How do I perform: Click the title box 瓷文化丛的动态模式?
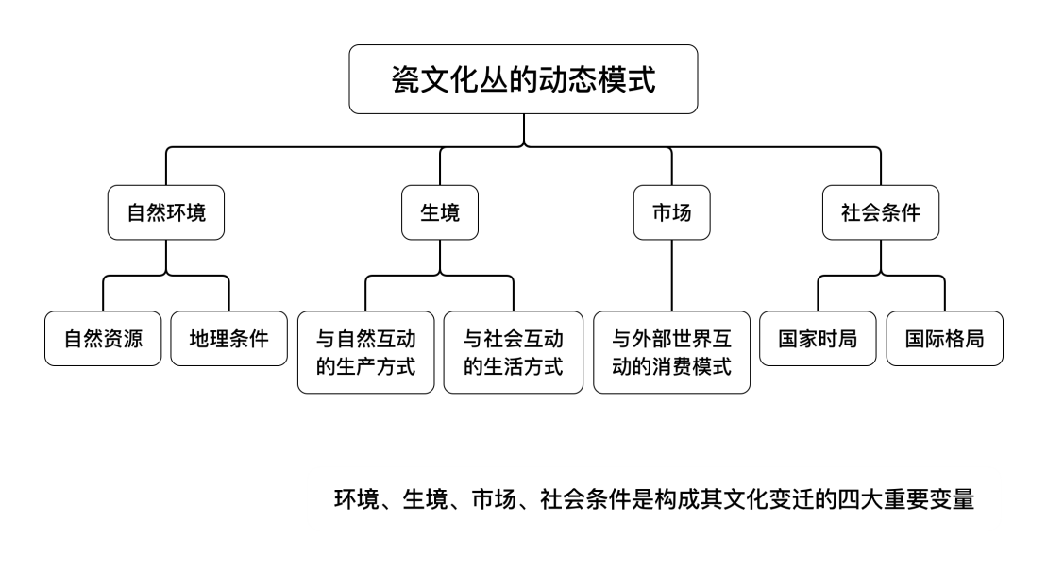pyautogui.click(x=523, y=79)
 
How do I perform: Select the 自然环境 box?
pyautogui.click(x=166, y=212)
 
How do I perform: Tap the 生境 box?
pyautogui.click(x=439, y=212)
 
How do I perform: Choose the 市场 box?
pyautogui.click(x=671, y=212)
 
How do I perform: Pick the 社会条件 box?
pyautogui.click(x=880, y=212)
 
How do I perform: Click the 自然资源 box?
pyautogui.click(x=104, y=338)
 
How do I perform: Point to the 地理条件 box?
pyautogui.click(x=228, y=338)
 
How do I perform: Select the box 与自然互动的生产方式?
pyautogui.click(x=365, y=352)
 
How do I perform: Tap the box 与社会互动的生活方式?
pyautogui.click(x=514, y=352)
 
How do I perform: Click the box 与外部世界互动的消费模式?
pyautogui.click(x=671, y=352)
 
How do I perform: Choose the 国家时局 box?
pyautogui.click(x=818, y=338)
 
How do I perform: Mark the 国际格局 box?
pyautogui.click(x=944, y=338)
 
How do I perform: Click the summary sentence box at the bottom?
pyautogui.click(x=653, y=498)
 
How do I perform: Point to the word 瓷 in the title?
pyautogui.click(x=404, y=80)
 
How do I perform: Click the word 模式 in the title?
pyautogui.click(x=629, y=80)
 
